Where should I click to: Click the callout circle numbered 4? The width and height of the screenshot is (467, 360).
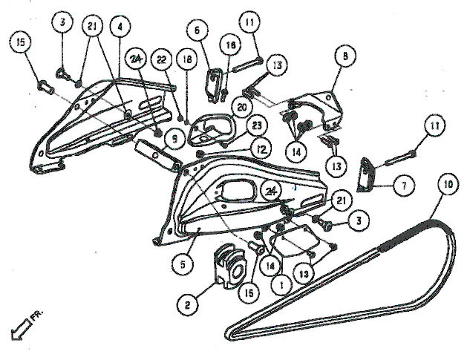120,26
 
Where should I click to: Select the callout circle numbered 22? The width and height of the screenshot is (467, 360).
162,60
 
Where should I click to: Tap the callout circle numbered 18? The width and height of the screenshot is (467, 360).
187,59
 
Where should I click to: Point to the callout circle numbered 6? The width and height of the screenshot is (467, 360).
197,30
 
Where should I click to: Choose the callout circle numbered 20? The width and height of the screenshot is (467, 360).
242,107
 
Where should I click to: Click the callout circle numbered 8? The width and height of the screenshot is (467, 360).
345,56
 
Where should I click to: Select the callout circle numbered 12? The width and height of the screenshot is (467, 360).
261,149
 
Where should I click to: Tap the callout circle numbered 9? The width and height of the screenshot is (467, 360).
174,139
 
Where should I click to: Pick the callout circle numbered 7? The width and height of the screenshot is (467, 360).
404,186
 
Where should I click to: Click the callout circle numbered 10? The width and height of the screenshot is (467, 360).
447,184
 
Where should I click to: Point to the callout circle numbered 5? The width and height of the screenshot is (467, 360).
183,264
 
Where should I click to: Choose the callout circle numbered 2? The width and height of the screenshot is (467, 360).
187,305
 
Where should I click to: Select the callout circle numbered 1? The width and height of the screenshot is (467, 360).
281,285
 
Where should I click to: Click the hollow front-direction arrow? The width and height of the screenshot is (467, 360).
21,330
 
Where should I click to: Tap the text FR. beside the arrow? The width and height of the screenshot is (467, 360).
37,316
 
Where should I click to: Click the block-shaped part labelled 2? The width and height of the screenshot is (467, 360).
229,266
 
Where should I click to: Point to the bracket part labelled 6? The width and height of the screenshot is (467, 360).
215,85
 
